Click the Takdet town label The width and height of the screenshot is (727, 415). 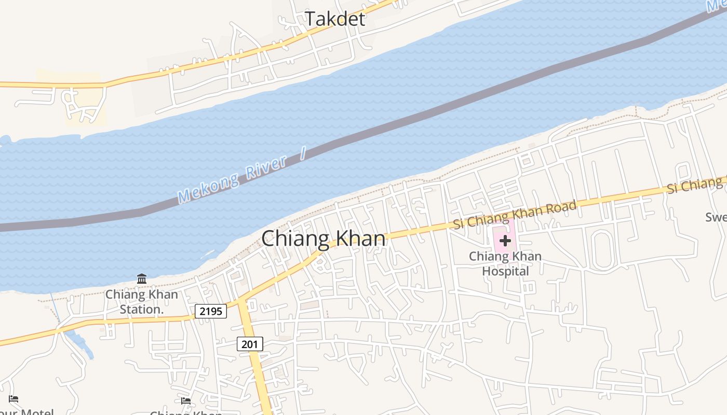pyautogui.click(x=335, y=19)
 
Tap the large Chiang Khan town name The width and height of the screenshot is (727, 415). pyautogui.click(x=324, y=239)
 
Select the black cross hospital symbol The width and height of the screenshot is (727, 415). pyautogui.click(x=505, y=241)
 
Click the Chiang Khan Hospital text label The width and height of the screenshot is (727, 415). pyautogui.click(x=505, y=264)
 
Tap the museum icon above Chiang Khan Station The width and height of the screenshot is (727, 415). pyautogui.click(x=142, y=279)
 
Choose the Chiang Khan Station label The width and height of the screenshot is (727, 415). pyautogui.click(x=141, y=302)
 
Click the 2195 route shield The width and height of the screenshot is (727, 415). pyautogui.click(x=211, y=311)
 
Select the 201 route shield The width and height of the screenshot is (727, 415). pyautogui.click(x=250, y=343)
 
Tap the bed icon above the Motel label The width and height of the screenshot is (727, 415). pyautogui.click(x=14, y=398)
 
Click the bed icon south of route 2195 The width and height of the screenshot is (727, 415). pyautogui.click(x=185, y=400)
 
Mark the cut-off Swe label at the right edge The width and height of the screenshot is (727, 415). pyautogui.click(x=716, y=217)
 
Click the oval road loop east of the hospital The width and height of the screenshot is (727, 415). pyautogui.click(x=602, y=250)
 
